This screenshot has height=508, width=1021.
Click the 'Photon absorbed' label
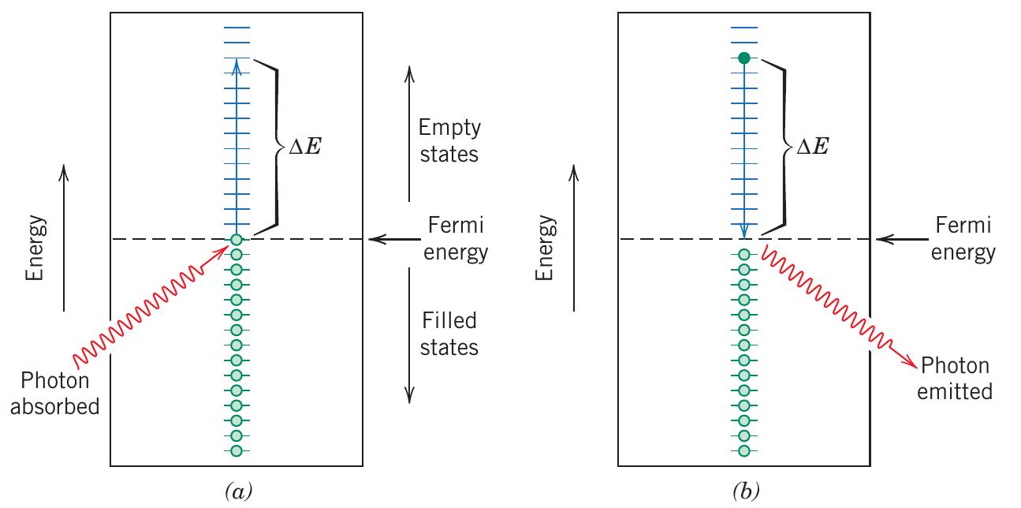tap(61, 395)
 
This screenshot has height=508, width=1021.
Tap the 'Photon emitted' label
tap(955, 379)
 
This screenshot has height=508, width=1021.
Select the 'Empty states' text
tap(449, 140)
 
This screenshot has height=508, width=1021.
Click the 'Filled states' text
tap(449, 333)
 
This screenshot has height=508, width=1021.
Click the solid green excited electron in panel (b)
tap(743, 58)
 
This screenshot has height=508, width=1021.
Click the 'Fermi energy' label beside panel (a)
tap(456, 240)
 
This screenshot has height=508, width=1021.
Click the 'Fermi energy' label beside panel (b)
tap(963, 240)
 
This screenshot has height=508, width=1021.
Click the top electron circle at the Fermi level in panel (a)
tap(236, 239)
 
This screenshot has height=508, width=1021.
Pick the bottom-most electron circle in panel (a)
tap(236, 450)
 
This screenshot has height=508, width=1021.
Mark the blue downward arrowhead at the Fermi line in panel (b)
tap(743, 231)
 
